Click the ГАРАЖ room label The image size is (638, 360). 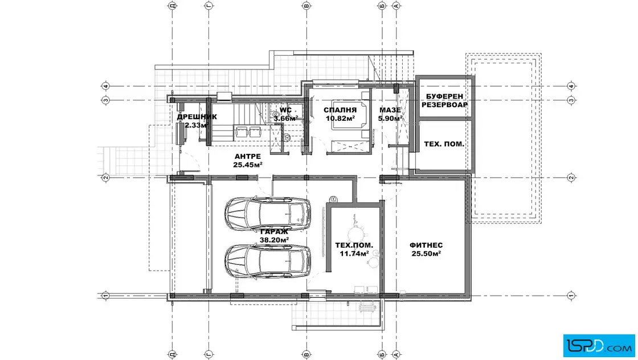pos(274,232)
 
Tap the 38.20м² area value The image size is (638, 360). pos(274,240)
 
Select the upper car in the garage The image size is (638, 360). pos(268,214)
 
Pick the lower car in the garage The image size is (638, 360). pos(268,261)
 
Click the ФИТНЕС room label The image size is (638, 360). pos(426,246)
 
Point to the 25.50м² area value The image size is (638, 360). pos(426,254)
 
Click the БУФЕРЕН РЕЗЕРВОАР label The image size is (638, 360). pos(444,100)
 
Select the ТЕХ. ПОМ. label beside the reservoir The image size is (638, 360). pos(444,144)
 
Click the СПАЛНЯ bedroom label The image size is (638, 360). pos(340,110)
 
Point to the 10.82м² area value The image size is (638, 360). pos(340,118)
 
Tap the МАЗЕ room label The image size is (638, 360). pos(390,110)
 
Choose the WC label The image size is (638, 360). pos(285,110)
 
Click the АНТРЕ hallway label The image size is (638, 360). pos(248,157)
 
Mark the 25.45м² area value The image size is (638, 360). pos(248,165)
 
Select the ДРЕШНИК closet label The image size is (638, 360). pos(197,117)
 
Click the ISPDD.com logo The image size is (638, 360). pos(599,346)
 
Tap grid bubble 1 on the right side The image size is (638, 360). pos(571,296)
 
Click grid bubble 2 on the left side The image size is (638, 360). pos(105,177)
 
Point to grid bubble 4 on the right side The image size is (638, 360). pos(571,86)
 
